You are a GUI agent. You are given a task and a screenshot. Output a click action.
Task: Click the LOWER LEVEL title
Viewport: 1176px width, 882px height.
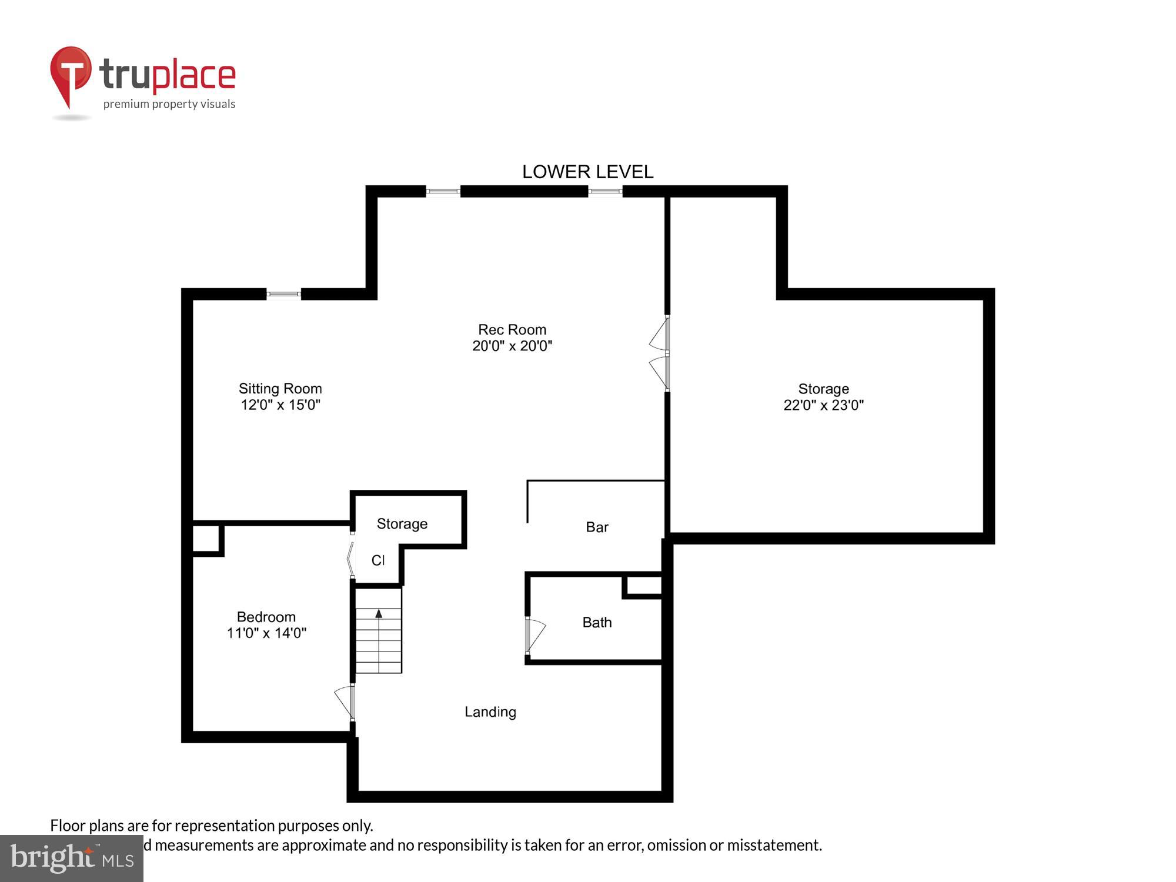click(x=587, y=172)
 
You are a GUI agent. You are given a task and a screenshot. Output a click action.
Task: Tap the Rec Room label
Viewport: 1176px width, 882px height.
click(x=512, y=329)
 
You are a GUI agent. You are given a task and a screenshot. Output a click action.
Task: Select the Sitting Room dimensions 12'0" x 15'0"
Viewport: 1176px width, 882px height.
click(x=280, y=405)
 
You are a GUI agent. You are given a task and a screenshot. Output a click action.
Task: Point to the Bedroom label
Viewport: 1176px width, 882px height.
click(x=266, y=617)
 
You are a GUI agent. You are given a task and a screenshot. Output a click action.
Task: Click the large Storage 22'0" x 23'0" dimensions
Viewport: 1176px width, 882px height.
click(x=823, y=405)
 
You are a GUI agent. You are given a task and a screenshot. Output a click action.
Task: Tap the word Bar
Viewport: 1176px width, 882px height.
click(x=597, y=527)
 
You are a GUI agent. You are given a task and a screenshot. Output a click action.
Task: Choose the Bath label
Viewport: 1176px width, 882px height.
click(x=597, y=623)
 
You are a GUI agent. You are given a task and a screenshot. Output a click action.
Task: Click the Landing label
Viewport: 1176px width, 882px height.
click(x=490, y=712)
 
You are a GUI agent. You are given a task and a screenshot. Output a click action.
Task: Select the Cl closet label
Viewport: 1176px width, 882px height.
click(x=377, y=560)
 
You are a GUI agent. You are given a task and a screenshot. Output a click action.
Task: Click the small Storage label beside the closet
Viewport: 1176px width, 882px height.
click(x=402, y=524)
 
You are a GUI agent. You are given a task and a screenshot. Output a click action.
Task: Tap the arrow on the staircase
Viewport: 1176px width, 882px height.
click(x=379, y=614)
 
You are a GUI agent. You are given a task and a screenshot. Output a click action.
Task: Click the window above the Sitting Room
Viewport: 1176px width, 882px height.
click(x=283, y=294)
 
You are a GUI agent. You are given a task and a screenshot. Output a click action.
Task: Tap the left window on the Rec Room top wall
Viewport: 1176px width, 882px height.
click(x=443, y=191)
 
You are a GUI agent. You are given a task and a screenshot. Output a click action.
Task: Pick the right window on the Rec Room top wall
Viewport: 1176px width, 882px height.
click(x=605, y=191)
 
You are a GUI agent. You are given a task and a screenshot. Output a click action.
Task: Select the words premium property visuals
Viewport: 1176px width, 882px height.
click(x=169, y=105)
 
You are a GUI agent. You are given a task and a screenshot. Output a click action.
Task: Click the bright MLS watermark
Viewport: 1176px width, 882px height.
click(x=72, y=858)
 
